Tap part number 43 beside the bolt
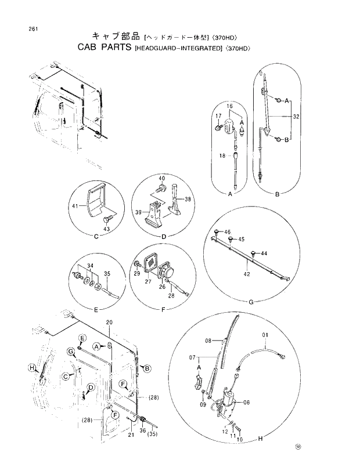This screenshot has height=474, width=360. [106, 230]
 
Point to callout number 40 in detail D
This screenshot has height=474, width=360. [162, 178]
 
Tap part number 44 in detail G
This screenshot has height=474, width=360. [264, 254]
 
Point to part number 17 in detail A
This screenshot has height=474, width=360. [218, 115]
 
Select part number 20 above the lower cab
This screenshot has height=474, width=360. [109, 323]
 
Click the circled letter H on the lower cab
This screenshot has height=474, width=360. [31, 368]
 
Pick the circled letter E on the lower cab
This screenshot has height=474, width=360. [82, 338]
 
